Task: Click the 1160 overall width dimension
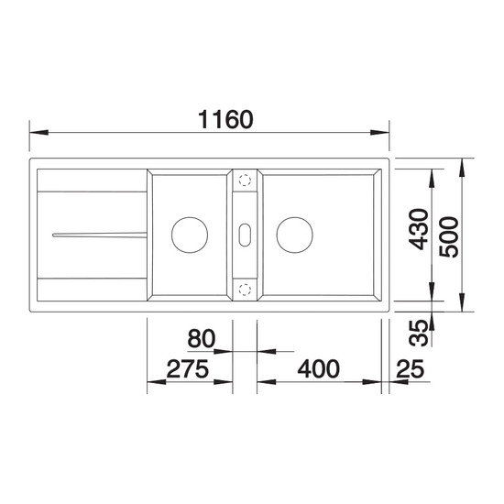point(225,119)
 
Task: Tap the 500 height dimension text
point(449,237)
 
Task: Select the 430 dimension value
point(419,229)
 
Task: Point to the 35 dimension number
point(419,333)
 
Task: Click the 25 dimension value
point(411,369)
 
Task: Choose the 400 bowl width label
point(318,369)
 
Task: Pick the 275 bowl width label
point(188,369)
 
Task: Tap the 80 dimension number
point(202,338)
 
